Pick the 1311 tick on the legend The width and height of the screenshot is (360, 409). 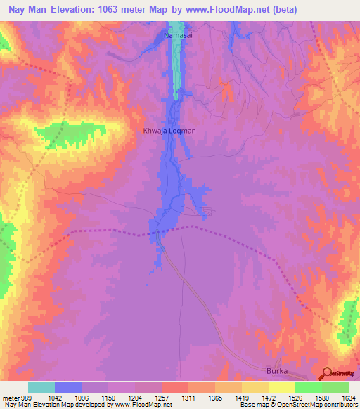point(188,397)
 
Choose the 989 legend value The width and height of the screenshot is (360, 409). point(25,397)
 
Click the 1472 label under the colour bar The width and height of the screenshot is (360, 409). point(268,397)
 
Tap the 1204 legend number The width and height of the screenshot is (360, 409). point(134,397)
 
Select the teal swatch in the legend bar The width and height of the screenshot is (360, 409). point(41,387)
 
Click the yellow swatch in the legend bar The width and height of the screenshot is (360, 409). point(281,387)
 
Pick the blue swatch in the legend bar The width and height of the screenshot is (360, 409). point(67,387)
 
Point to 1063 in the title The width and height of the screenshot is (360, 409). point(122,10)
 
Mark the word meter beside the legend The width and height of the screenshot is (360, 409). point(10,397)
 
